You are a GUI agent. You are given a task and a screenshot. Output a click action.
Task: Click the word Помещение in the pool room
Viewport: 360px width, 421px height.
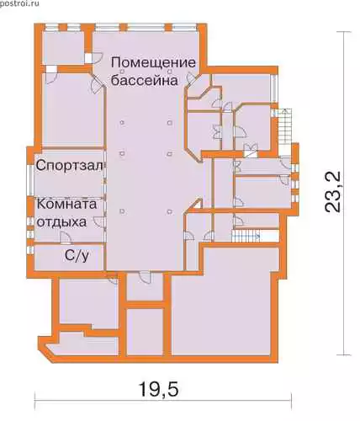coord(153,62)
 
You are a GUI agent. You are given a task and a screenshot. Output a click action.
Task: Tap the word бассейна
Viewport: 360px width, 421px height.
coord(145,81)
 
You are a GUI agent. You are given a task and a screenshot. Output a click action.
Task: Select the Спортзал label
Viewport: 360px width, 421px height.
coord(69,166)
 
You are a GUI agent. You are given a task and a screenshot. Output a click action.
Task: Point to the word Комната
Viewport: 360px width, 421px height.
coord(66,204)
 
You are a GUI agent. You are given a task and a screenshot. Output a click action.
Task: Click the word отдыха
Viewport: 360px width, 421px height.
coord(61,222)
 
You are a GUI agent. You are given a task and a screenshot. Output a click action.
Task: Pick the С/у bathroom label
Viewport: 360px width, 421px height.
coord(77,256)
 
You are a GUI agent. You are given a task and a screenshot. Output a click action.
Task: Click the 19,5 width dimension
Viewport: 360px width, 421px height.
coord(158,389)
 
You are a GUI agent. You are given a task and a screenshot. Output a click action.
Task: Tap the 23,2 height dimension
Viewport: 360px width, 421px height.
coord(333,192)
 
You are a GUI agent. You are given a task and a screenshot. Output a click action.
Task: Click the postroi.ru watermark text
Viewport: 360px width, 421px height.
coord(19,4)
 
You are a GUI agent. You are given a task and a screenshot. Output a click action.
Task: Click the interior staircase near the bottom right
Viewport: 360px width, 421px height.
coord(246,236)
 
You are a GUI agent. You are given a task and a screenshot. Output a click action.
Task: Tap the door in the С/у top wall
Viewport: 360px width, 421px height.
coord(66,238)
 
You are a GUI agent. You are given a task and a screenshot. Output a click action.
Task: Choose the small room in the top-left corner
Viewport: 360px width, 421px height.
coord(63,48)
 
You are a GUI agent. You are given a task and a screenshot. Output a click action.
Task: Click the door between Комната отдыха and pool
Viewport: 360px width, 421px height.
coord(99,221)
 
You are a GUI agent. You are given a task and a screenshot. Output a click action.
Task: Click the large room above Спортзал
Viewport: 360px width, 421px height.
coord(72,110)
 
